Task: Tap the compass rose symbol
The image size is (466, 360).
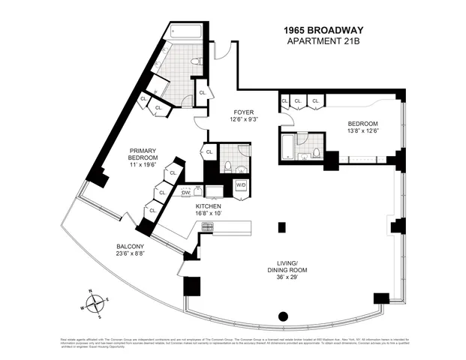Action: [95, 303]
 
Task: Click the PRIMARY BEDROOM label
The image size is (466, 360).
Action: [142, 153]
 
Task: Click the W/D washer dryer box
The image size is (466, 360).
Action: [241, 184]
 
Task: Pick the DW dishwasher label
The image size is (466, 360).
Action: [186, 193]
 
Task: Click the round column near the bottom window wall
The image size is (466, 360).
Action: [284, 316]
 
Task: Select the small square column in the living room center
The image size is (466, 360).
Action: [281, 226]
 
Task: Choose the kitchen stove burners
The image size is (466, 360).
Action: [207, 224]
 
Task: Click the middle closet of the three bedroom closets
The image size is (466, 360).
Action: [299, 100]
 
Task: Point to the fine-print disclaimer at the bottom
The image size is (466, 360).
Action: [233, 343]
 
